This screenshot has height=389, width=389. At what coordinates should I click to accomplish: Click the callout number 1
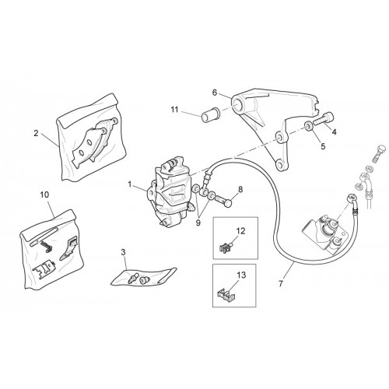[129, 184]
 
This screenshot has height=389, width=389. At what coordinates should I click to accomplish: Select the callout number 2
[36, 134]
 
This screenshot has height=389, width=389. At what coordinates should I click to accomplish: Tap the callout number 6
[215, 93]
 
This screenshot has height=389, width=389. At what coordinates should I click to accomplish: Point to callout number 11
[174, 110]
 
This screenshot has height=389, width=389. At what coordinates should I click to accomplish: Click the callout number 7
[280, 284]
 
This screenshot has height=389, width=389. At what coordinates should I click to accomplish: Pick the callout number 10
[44, 194]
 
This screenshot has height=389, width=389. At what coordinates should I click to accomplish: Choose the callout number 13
[241, 275]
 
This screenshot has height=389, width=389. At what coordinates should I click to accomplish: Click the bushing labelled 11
[211, 115]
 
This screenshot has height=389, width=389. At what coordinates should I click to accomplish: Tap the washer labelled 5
[309, 127]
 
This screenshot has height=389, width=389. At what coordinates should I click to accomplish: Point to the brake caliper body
[170, 191]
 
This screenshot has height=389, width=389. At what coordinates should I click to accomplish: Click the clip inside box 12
[226, 248]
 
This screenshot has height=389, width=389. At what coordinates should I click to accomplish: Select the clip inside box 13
[226, 295]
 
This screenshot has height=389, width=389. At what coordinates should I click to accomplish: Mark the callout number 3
[123, 252]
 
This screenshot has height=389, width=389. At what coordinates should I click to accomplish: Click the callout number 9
[198, 223]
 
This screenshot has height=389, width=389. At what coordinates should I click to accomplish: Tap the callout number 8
[240, 190]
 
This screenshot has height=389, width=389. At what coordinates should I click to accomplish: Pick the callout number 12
[241, 230]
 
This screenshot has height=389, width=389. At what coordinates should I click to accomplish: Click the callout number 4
[334, 132]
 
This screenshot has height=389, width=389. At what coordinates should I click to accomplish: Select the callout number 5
[323, 146]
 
